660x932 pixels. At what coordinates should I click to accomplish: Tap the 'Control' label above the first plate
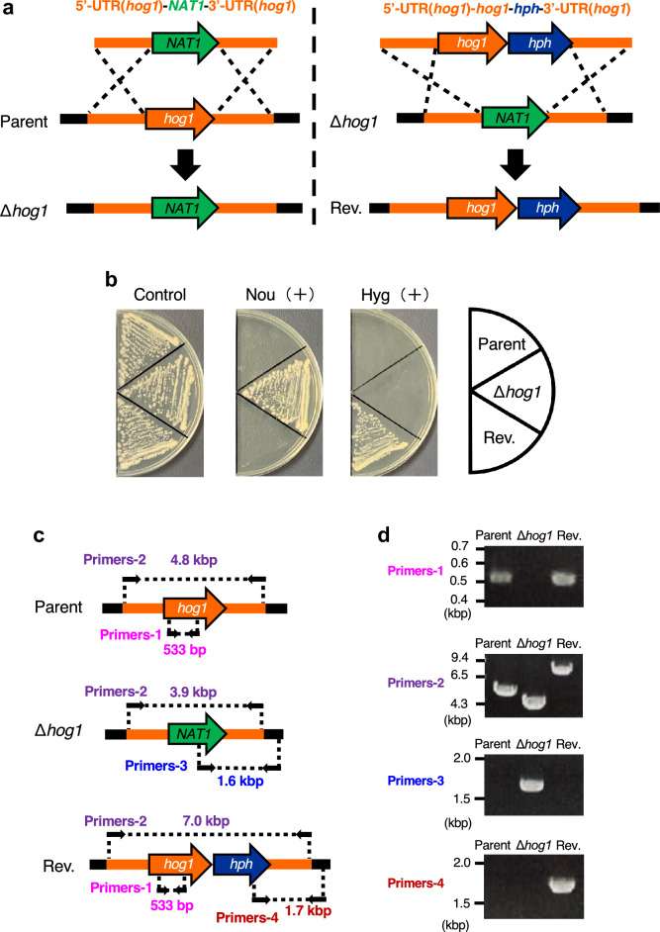(160, 295)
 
